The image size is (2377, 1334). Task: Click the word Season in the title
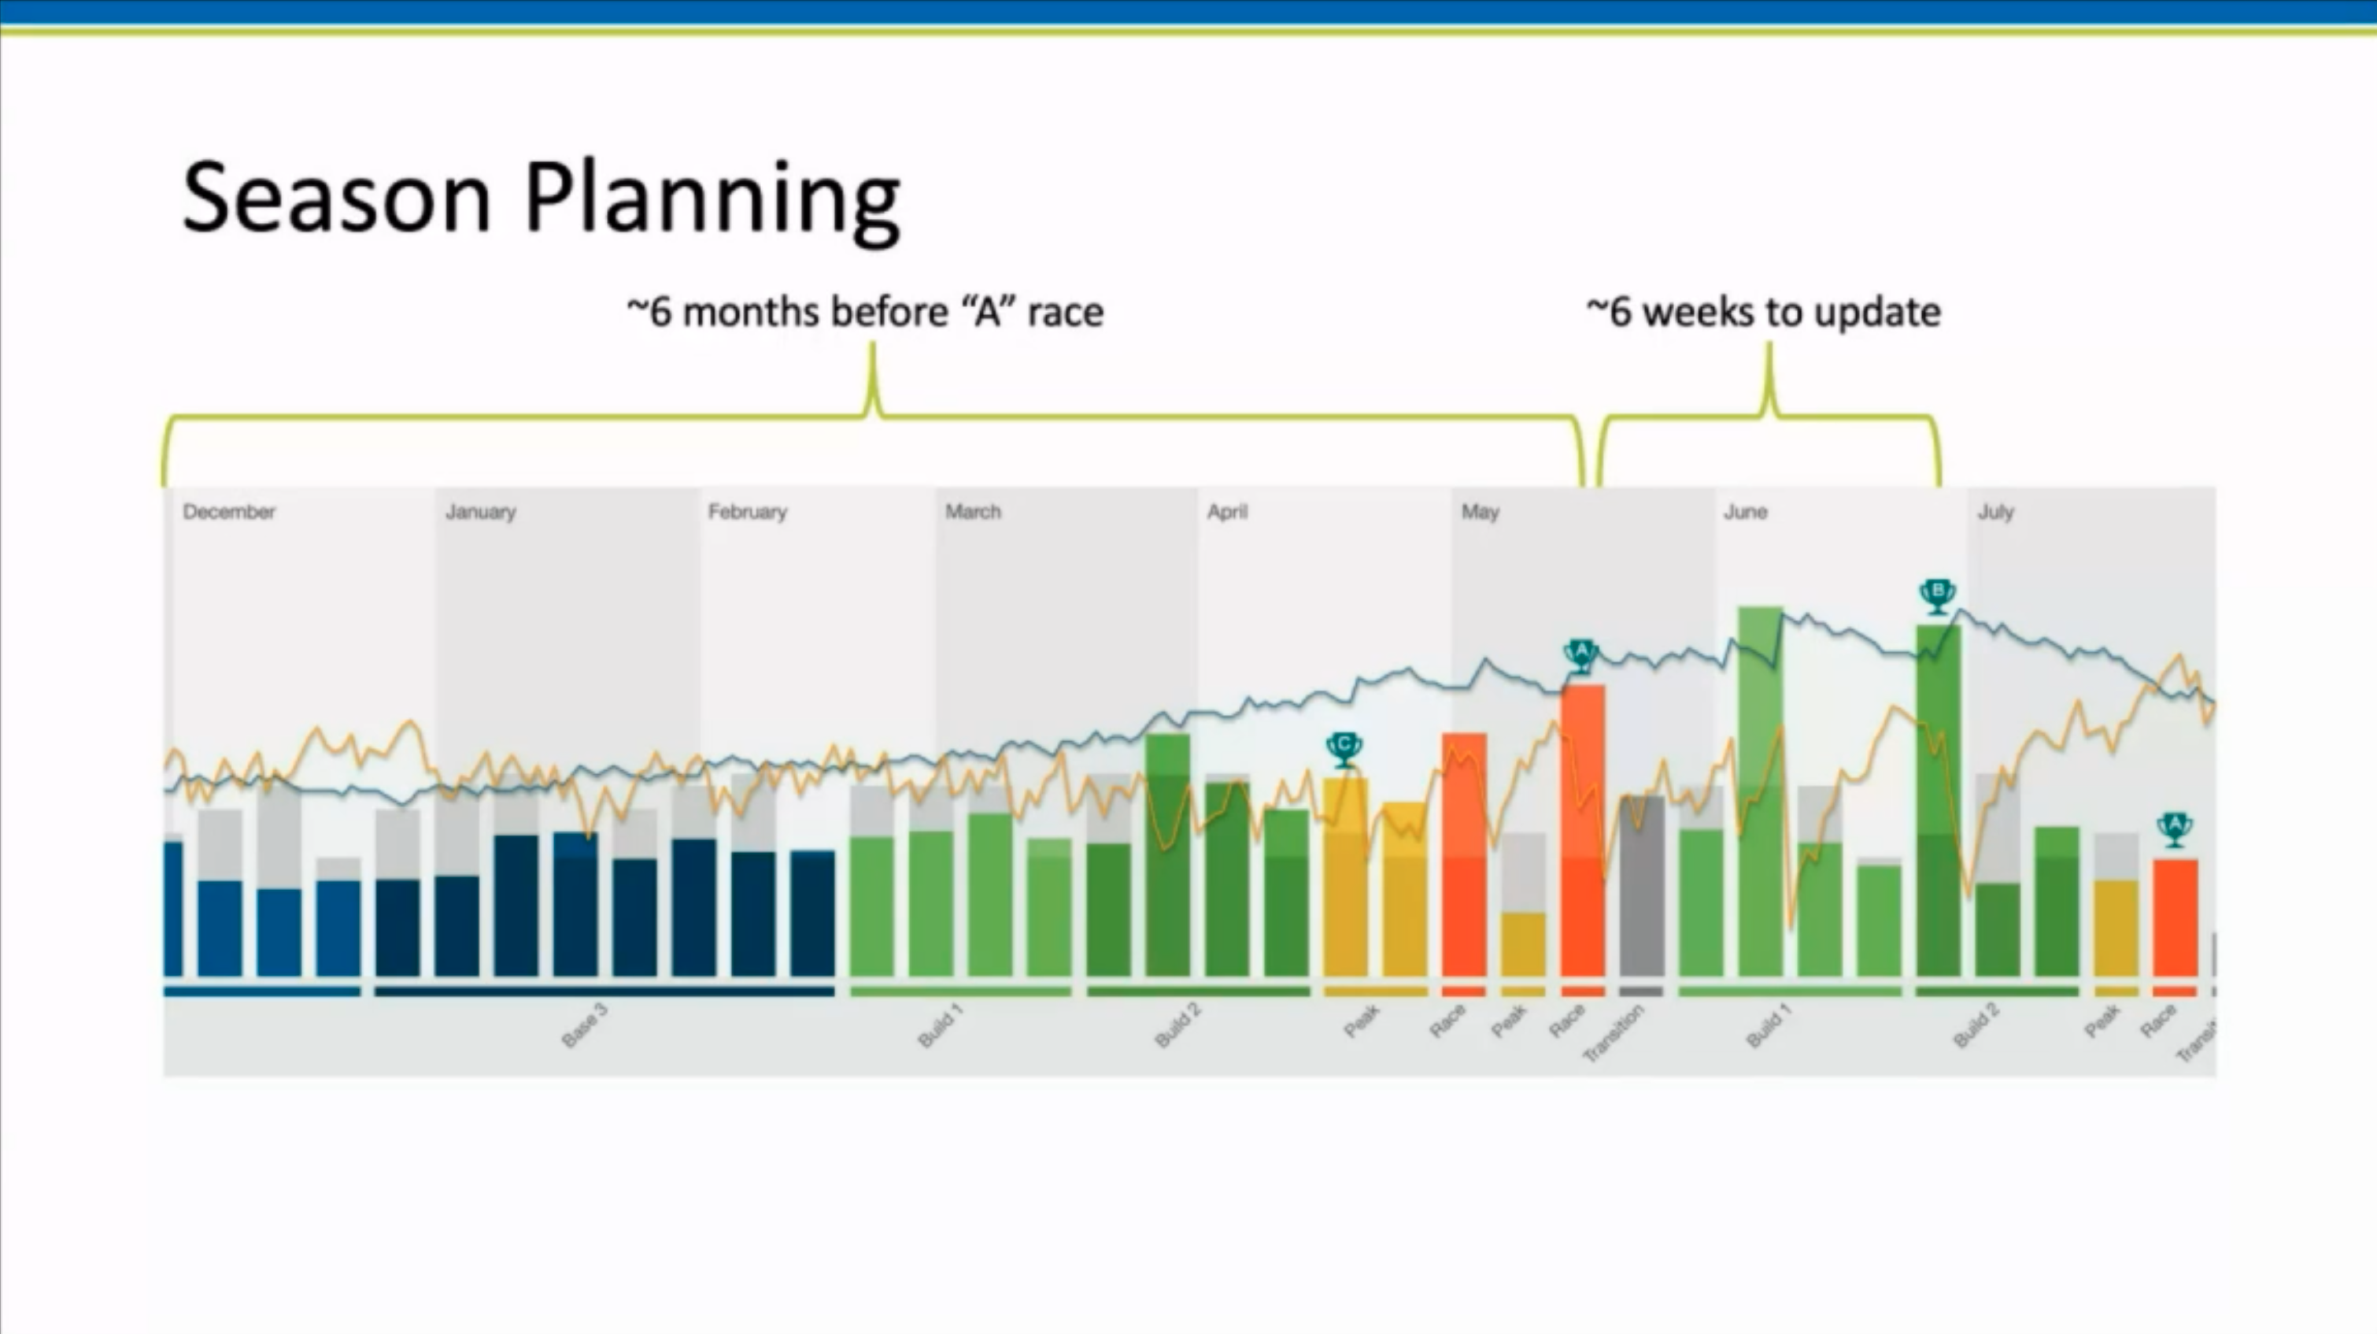pyautogui.click(x=336, y=198)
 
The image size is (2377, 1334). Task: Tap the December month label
pyautogui.click(x=229, y=511)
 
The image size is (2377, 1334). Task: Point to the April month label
pyautogui.click(x=1226, y=511)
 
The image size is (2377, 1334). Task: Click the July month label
pyautogui.click(x=1995, y=511)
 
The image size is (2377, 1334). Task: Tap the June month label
pyautogui.click(x=1745, y=511)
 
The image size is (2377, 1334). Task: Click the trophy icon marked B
pyautogui.click(x=1937, y=595)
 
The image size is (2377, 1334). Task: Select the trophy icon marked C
pyautogui.click(x=1344, y=749)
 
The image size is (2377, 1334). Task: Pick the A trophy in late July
pyautogui.click(x=2174, y=829)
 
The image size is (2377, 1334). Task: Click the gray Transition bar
pyautogui.click(x=1642, y=886)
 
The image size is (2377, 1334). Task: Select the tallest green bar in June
pyautogui.click(x=1760, y=794)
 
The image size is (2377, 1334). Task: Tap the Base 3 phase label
pyautogui.click(x=585, y=1025)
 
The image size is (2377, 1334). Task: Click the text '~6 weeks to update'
pyautogui.click(x=1763, y=312)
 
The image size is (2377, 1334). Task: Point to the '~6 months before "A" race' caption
pyautogui.click(x=865, y=312)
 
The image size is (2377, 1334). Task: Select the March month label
pyautogui.click(x=973, y=511)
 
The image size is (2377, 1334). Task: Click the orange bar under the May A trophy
pyautogui.click(x=1583, y=831)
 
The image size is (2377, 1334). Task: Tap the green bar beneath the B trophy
pyautogui.click(x=1938, y=803)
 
